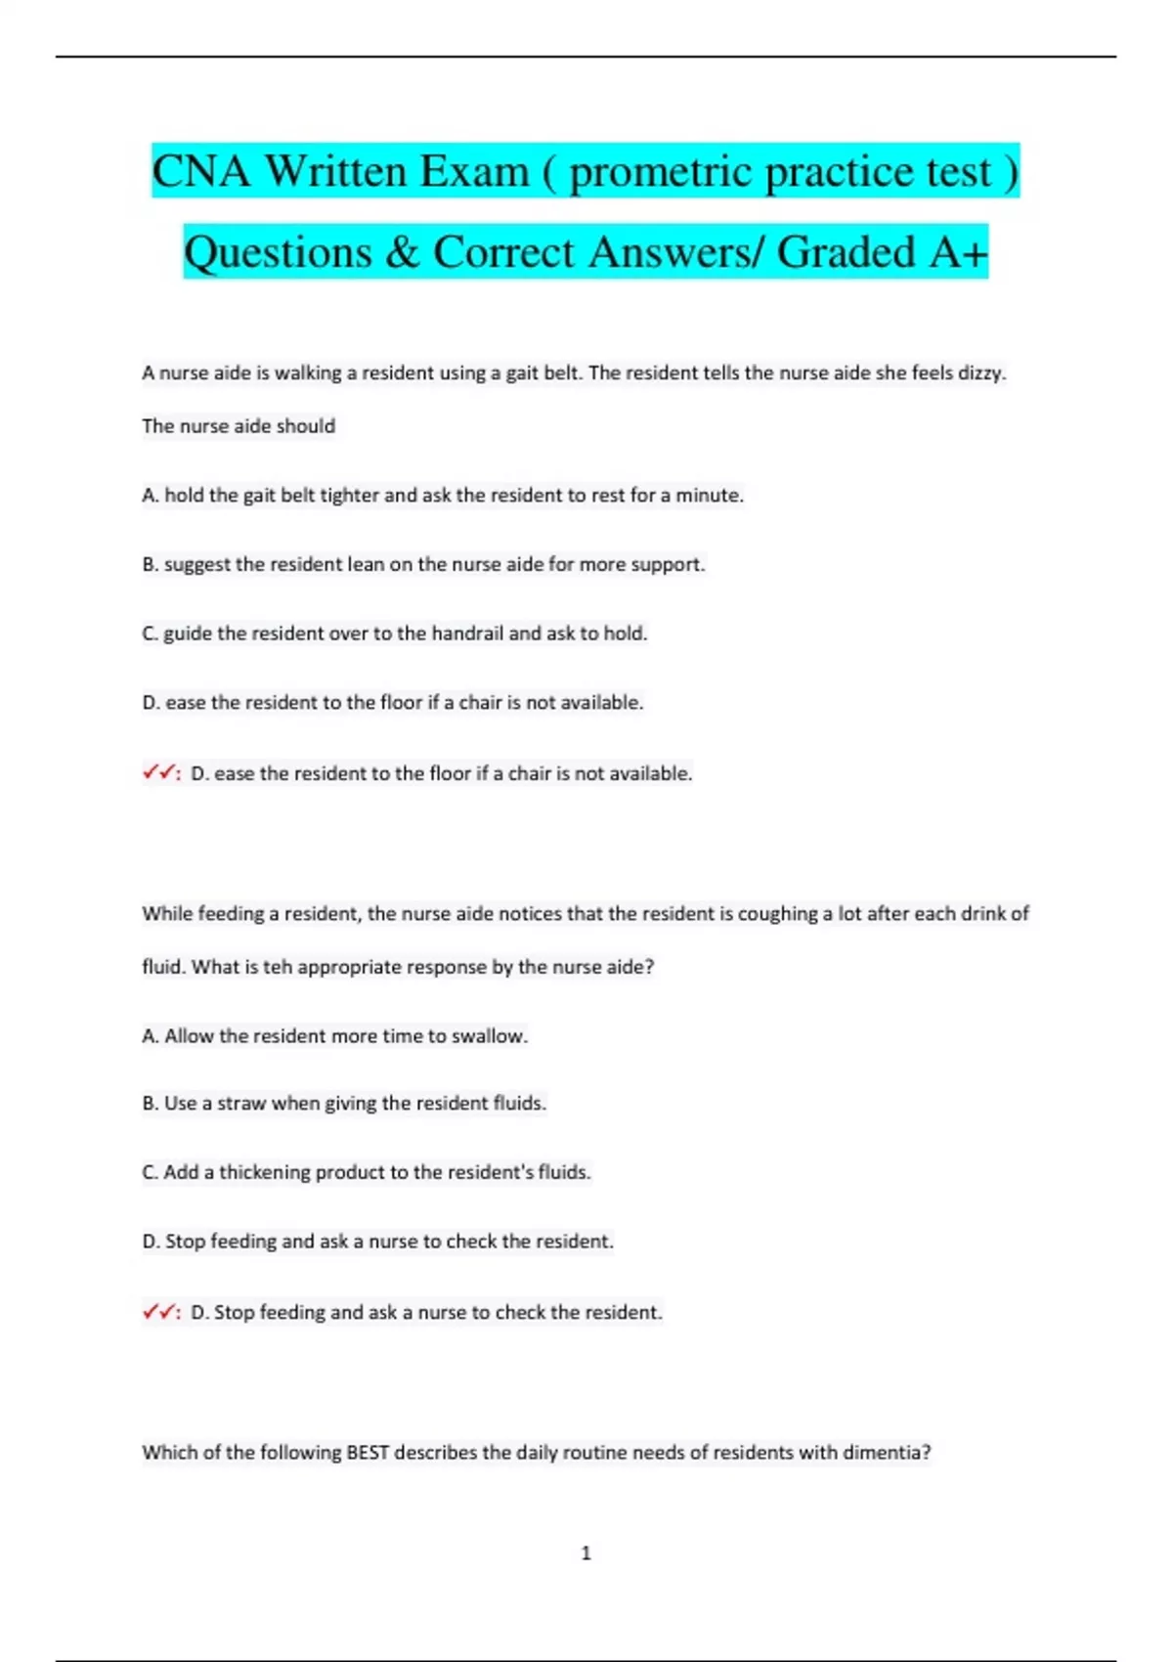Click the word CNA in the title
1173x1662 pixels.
coord(201,172)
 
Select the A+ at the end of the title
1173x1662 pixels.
coord(958,252)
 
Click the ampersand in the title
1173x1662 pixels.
coord(402,252)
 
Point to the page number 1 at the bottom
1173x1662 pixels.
coord(586,1553)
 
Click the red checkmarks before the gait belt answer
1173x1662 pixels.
coord(158,773)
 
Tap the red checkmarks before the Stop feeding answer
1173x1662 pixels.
coord(158,1312)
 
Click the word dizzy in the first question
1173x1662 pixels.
coord(981,372)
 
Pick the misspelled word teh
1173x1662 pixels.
coord(278,967)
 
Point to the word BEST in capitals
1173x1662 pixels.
coord(368,1453)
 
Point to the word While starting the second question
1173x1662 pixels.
coord(167,914)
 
